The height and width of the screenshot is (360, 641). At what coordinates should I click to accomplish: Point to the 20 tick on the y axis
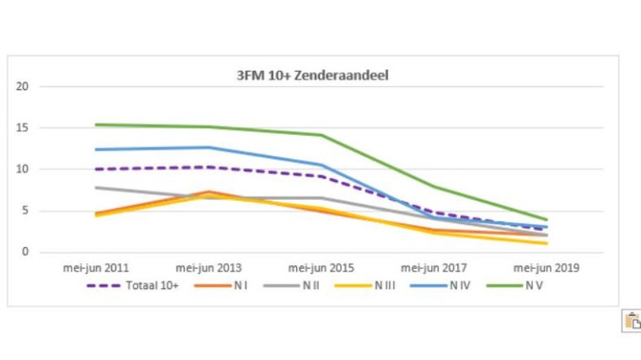(x=23, y=87)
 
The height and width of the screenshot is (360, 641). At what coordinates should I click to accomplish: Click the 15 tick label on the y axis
(x=23, y=128)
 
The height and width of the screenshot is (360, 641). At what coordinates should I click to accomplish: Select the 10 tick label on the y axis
(x=23, y=169)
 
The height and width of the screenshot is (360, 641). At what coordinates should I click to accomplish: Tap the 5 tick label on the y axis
(x=25, y=211)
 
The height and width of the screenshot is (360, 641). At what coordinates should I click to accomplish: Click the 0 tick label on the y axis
(x=25, y=252)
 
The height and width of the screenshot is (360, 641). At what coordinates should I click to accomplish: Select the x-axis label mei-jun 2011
(x=96, y=268)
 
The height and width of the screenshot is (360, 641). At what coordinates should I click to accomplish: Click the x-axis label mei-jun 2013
(x=208, y=268)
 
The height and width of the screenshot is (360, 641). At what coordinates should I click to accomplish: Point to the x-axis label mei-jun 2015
(x=321, y=268)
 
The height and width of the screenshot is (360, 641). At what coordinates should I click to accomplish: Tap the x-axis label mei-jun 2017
(x=434, y=268)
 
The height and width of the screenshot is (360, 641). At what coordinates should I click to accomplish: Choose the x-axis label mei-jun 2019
(x=547, y=268)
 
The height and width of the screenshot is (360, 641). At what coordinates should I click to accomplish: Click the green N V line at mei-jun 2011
(x=96, y=125)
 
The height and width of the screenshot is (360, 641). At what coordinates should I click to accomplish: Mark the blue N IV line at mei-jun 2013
(x=208, y=148)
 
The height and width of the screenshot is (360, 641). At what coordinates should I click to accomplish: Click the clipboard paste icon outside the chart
(x=632, y=321)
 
